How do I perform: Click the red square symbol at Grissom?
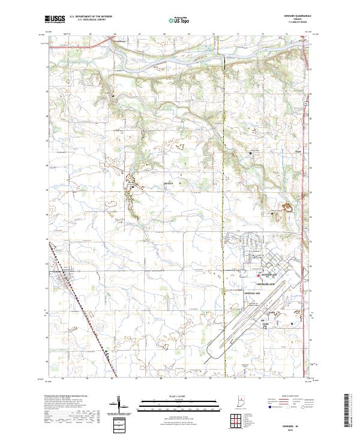[x=259, y=276]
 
